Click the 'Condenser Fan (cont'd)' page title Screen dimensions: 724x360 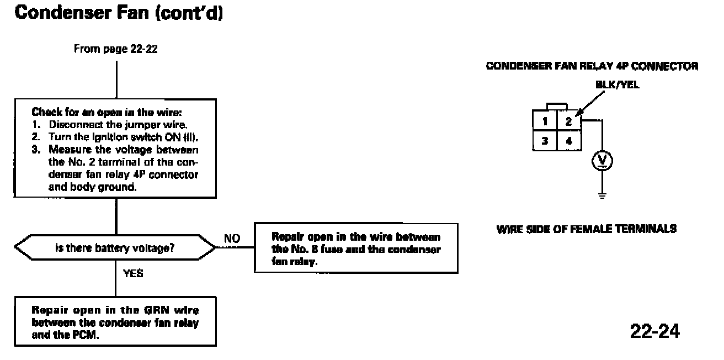tap(119, 13)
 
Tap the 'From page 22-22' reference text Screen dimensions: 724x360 tap(116, 49)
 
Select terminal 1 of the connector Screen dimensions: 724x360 tap(545, 121)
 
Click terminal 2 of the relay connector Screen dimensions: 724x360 tap(569, 121)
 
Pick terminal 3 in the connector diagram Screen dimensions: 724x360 tap(545, 141)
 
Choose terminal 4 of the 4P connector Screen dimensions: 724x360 tap(569, 141)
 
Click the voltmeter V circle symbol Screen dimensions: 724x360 tap(602, 161)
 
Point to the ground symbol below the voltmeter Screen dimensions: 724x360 tap(602, 195)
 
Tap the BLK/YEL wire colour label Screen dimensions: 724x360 tap(617, 84)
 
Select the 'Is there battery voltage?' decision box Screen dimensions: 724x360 tap(115, 247)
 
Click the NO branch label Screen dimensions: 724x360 tap(232, 239)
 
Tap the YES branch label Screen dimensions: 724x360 tap(133, 273)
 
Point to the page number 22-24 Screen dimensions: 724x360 tap(655, 331)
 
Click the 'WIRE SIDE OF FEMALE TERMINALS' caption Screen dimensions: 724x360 tap(586, 229)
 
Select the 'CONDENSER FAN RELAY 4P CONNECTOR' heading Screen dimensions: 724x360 tap(592, 66)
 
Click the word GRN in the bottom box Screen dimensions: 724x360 tap(156, 310)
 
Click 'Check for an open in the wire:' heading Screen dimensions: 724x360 tap(107, 112)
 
